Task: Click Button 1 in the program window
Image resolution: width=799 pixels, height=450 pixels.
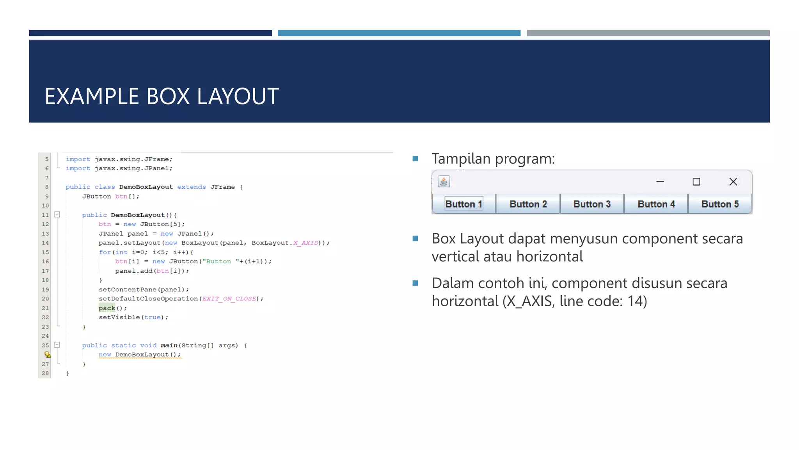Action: pyautogui.click(x=464, y=204)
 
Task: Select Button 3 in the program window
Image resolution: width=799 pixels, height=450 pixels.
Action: pyautogui.click(x=592, y=204)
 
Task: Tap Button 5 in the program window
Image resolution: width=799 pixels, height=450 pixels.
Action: pyautogui.click(x=720, y=204)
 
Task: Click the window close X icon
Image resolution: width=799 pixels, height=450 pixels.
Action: pyautogui.click(x=733, y=182)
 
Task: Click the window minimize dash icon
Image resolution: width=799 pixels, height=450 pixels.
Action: pyautogui.click(x=660, y=182)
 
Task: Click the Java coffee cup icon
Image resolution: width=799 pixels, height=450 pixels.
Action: pyautogui.click(x=444, y=182)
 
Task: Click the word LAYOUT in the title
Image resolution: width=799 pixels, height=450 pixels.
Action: pyautogui.click(x=238, y=96)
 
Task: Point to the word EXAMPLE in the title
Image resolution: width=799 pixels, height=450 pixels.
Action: pyautogui.click(x=92, y=96)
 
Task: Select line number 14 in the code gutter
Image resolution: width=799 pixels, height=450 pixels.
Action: pyautogui.click(x=46, y=243)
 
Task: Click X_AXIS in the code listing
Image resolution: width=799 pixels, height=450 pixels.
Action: pyautogui.click(x=305, y=243)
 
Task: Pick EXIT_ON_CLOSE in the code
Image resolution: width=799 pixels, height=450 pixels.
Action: pyautogui.click(x=229, y=299)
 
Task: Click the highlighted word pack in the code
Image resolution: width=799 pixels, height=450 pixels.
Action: pyautogui.click(x=107, y=308)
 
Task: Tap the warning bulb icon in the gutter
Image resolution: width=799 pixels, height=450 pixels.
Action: pyautogui.click(x=47, y=355)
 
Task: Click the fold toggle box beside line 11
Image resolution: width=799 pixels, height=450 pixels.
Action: pyautogui.click(x=57, y=214)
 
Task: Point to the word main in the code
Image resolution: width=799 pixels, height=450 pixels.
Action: pyautogui.click(x=169, y=345)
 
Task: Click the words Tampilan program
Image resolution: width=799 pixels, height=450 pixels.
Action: pyautogui.click(x=493, y=159)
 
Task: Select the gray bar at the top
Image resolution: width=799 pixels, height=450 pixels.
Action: pyautogui.click(x=648, y=33)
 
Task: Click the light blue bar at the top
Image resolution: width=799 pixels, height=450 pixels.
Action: pyautogui.click(x=399, y=33)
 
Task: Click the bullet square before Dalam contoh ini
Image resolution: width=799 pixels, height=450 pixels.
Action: pyautogui.click(x=415, y=283)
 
